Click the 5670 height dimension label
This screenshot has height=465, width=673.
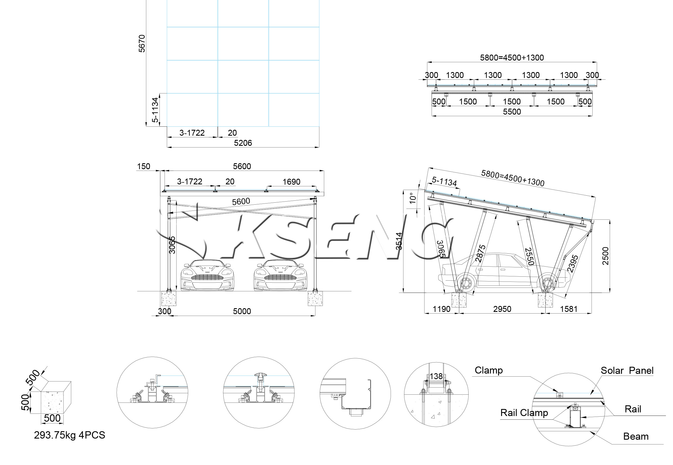pos(142,44)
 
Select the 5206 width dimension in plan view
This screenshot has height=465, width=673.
pos(243,143)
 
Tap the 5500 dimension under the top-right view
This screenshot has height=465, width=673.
pos(512,111)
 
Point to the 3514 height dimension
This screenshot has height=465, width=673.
pos(399,241)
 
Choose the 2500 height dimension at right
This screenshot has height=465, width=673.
pos(606,256)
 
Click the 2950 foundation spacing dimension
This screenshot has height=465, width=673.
pos(502,309)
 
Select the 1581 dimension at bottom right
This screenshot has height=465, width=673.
pos(568,309)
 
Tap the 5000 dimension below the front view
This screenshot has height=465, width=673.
pos(242,311)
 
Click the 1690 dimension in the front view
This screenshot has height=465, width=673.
pos(291,182)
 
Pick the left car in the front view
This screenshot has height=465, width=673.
pos(207,275)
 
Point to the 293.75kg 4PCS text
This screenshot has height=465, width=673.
pos(69,435)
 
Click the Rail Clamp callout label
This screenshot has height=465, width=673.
pos(524,413)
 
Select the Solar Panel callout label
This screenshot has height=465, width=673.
pos(627,370)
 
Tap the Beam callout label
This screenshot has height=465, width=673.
pos(636,436)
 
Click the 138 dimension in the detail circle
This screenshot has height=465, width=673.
pos(436,376)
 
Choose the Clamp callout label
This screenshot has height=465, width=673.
pos(489,370)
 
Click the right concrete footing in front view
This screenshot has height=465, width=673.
pos(315,298)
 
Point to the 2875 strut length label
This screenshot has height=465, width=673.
pos(481,254)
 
